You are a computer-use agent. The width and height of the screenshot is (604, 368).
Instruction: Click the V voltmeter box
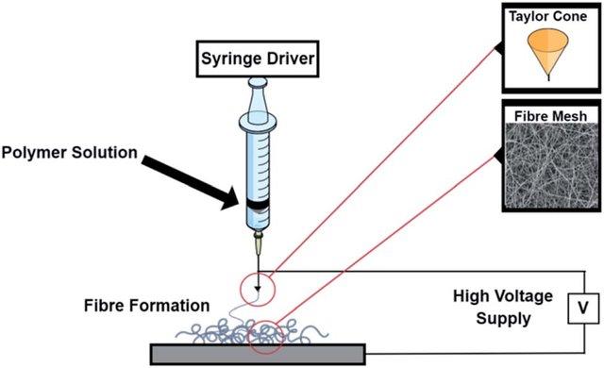pos(582,307)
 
